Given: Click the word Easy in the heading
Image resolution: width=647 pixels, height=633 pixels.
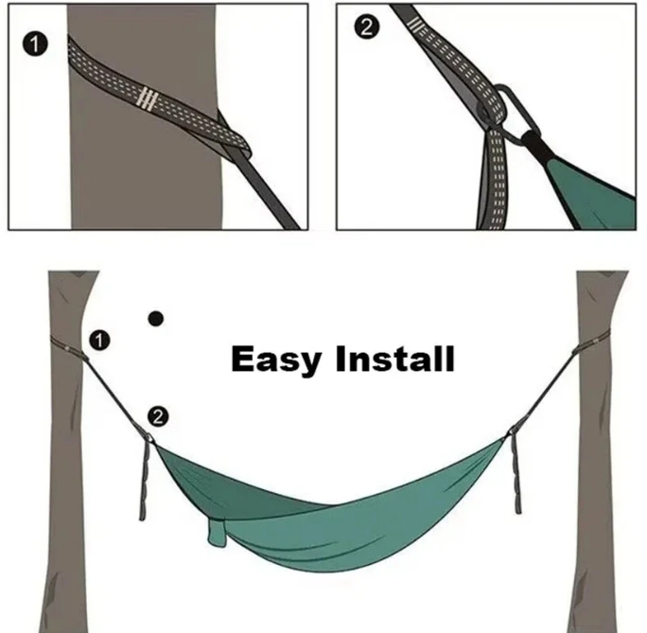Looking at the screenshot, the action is click(x=275, y=360).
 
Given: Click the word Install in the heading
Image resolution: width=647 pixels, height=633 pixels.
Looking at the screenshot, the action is click(x=394, y=359).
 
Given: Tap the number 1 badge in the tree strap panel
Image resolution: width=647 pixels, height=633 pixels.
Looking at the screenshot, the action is click(x=35, y=44).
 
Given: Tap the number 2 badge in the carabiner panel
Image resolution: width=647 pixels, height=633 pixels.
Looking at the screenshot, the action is click(x=366, y=27).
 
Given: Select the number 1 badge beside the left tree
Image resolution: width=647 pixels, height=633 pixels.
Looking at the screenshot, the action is click(x=99, y=341).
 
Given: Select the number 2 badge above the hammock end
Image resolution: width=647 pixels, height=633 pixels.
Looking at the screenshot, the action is click(x=158, y=416).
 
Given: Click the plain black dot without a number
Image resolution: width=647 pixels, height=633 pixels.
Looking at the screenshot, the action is click(x=155, y=319).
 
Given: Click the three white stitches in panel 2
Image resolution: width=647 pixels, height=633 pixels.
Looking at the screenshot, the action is click(x=415, y=24).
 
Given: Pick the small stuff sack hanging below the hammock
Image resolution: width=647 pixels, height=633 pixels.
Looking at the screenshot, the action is click(x=217, y=533).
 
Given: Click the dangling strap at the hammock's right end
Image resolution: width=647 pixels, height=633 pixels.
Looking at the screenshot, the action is click(x=516, y=471).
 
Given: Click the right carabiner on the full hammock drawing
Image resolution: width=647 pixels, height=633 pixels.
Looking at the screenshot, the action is click(x=512, y=431).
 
